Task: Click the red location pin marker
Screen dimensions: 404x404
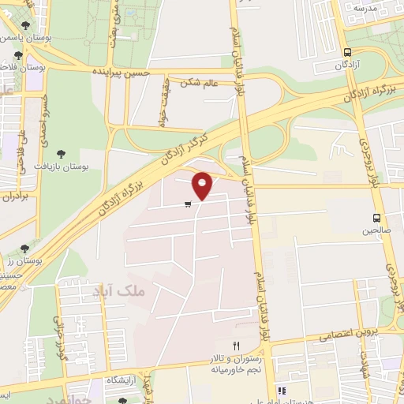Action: tap(203, 185)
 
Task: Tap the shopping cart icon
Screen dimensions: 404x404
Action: tap(187, 205)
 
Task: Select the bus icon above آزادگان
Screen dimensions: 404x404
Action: tap(347, 51)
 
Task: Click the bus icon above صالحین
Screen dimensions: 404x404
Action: tap(376, 219)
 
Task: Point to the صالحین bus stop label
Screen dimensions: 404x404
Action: tap(376, 231)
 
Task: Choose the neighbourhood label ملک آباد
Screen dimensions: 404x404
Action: tap(120, 291)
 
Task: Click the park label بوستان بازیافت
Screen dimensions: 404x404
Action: tap(61, 166)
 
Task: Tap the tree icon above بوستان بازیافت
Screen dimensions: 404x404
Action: tap(62, 155)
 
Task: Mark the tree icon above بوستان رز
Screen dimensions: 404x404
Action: tap(24, 249)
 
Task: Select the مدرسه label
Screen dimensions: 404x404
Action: tap(366, 7)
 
